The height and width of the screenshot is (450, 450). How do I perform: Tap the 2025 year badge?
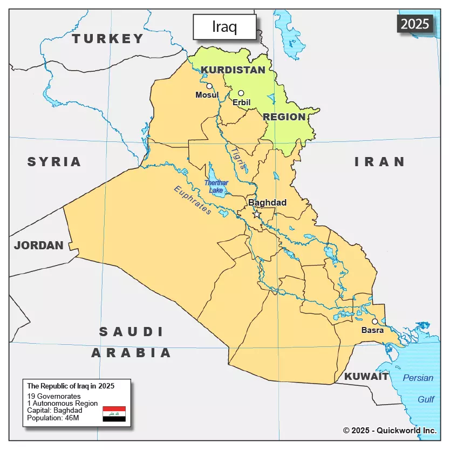[415, 23]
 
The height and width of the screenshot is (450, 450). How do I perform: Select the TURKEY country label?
[108, 39]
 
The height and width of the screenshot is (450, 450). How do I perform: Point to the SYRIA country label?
[54, 162]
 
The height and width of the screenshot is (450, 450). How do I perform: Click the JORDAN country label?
[39, 246]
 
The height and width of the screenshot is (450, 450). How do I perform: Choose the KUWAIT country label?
[367, 377]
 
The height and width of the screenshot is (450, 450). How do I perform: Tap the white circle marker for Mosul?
[209, 86]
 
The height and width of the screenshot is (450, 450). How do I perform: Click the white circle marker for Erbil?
[241, 93]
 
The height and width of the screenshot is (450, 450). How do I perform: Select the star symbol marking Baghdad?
[256, 214]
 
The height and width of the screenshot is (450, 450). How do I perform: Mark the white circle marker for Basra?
[375, 322]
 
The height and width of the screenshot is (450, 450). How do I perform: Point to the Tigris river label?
[238, 159]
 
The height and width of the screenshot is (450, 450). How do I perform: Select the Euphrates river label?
[193, 200]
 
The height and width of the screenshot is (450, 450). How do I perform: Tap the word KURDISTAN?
[233, 70]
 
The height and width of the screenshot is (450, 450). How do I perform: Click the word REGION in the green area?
[284, 117]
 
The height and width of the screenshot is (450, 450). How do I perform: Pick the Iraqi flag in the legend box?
[114, 414]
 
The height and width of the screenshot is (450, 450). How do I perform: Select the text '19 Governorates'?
[54, 397]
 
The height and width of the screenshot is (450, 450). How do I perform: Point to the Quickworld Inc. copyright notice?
[390, 430]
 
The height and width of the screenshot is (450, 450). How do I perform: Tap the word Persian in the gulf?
[418, 378]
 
